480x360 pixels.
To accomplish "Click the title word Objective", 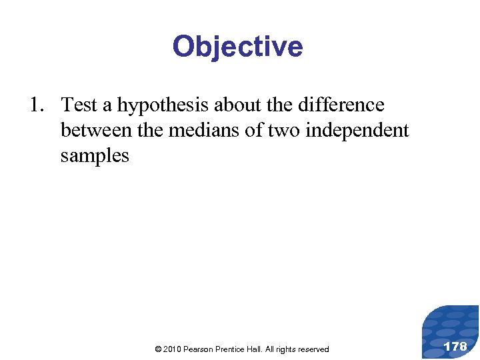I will (x=237, y=47).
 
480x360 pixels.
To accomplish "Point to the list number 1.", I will (x=36, y=105).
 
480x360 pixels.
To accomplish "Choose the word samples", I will (x=95, y=156).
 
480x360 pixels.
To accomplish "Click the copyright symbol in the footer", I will (x=157, y=349).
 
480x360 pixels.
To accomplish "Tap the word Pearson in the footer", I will (x=199, y=349).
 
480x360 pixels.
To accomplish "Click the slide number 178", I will (x=455, y=346).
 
